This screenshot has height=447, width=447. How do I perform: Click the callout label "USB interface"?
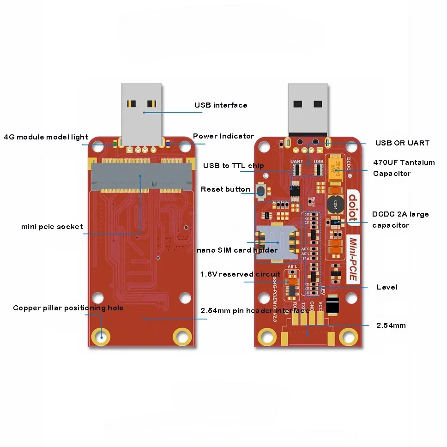(220, 105)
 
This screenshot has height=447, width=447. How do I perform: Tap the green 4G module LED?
(115, 144)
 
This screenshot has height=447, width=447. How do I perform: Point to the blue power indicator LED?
(169, 144)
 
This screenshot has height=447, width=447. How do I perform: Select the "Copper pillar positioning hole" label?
(68, 308)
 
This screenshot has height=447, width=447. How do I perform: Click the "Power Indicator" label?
(223, 136)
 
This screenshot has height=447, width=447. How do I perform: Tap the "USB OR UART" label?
(402, 143)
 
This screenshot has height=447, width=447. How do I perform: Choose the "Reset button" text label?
(225, 189)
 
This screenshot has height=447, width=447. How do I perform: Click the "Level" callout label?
(387, 287)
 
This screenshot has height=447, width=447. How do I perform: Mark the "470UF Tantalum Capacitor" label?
(404, 168)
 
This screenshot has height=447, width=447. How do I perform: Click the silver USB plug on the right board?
(308, 108)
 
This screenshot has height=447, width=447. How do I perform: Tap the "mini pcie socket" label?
(52, 227)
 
